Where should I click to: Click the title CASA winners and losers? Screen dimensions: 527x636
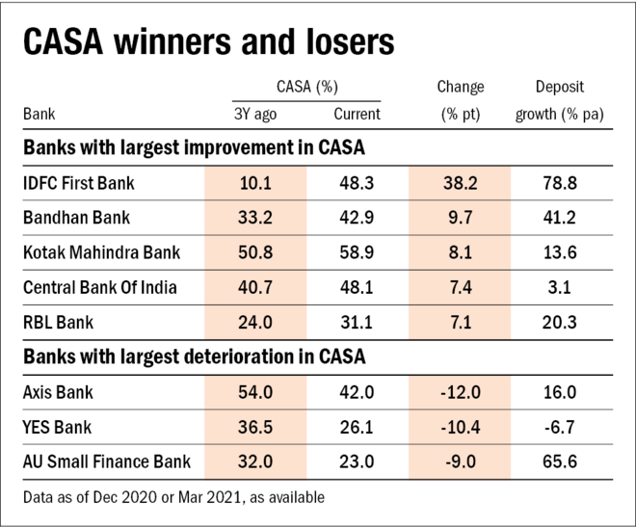point(208,44)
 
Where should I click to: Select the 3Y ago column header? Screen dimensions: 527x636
point(255,114)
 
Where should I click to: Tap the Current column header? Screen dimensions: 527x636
point(357,114)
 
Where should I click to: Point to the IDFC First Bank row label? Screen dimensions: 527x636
point(78,183)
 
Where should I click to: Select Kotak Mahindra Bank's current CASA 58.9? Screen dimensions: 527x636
point(357,253)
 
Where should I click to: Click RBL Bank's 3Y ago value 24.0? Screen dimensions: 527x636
point(255,323)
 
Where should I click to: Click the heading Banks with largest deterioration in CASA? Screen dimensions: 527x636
point(192,357)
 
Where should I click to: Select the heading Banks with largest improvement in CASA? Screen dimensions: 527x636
point(191,148)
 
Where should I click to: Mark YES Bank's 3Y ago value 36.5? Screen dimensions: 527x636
point(255,427)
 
